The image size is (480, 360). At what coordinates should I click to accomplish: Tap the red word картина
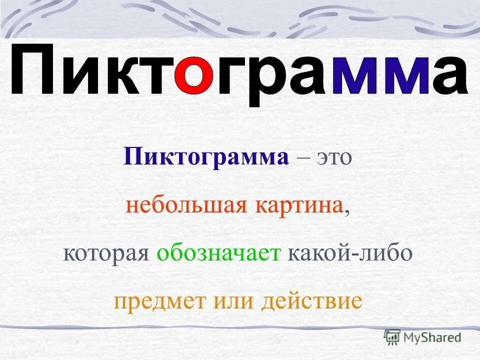click(301, 206)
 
